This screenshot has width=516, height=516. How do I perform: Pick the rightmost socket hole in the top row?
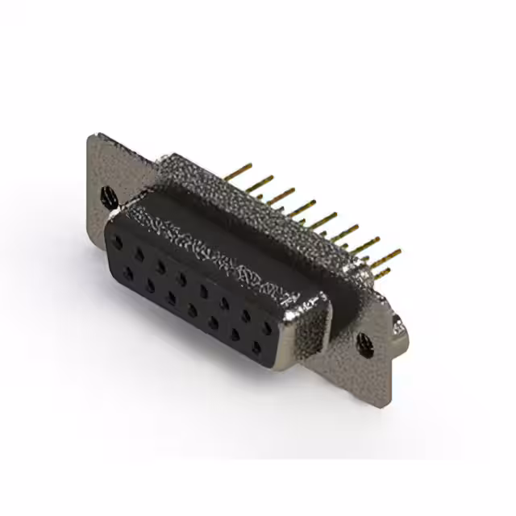click(x=265, y=328)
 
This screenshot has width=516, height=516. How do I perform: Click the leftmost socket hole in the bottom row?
click(x=128, y=274)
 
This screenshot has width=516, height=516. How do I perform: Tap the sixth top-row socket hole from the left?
click(x=223, y=303)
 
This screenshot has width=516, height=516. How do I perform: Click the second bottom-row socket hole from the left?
click(x=150, y=286)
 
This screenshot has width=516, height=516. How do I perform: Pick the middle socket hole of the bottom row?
click(x=193, y=311)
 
